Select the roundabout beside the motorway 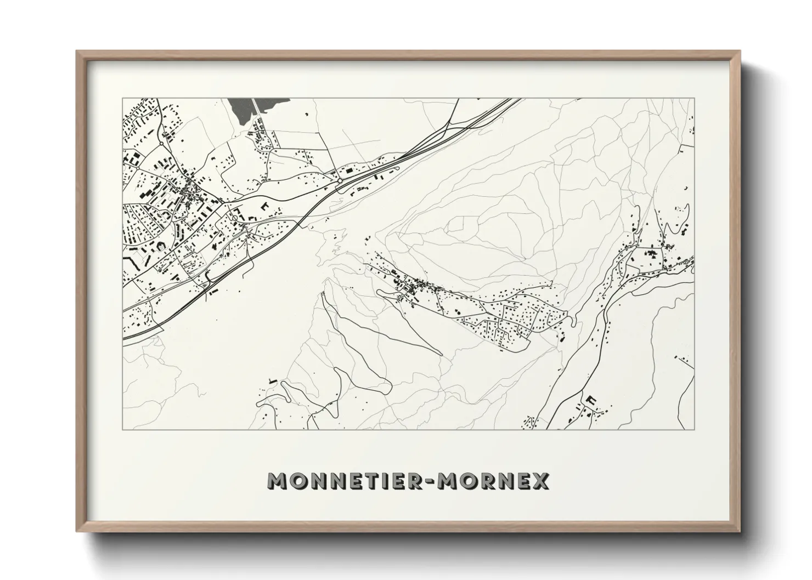[340, 180]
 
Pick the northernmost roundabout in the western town [160, 144]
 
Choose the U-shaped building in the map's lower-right [591, 400]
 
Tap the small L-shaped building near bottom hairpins [270, 380]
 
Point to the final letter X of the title [540, 481]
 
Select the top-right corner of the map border [695, 99]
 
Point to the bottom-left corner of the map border [122, 430]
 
